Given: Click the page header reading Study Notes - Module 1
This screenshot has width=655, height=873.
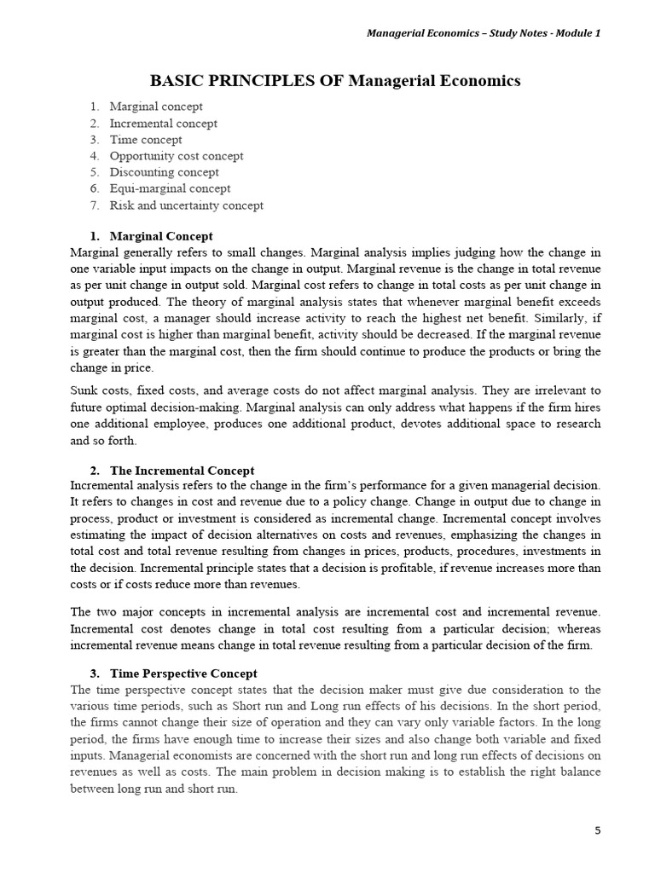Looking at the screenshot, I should click(483, 33).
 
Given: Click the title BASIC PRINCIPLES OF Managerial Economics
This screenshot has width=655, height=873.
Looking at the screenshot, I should click(335, 81).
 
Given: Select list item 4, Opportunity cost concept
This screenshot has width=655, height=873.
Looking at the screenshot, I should click(176, 156).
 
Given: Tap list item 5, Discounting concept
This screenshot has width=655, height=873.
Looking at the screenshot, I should click(164, 172).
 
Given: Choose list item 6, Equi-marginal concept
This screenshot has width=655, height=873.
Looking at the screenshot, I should click(170, 188).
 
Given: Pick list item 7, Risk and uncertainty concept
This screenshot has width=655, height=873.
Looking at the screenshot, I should click(186, 205).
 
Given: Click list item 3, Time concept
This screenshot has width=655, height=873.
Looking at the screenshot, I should click(145, 140).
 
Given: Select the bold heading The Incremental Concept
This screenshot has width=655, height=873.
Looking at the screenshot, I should click(182, 471).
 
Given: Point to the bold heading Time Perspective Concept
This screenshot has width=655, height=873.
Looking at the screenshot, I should click(183, 674).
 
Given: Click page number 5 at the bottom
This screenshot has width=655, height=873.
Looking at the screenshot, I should click(597, 831).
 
